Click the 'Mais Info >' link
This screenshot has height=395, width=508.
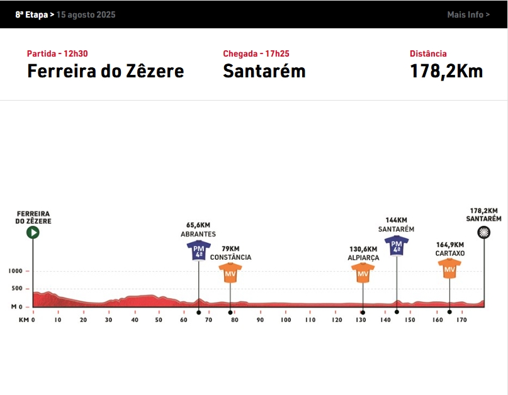pos(468,14)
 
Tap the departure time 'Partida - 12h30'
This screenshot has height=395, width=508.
pos(57,54)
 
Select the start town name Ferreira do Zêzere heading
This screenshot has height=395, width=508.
pos(105,71)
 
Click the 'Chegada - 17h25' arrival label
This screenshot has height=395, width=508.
pos(256,54)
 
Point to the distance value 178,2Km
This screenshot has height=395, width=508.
pos(446,71)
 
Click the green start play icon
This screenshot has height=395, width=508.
pos(33,233)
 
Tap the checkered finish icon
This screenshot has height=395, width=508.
pos(483,231)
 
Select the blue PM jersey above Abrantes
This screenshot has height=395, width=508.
pos(199,250)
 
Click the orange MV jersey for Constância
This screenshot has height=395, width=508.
pos(230,274)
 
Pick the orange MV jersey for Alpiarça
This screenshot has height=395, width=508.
pos(363,274)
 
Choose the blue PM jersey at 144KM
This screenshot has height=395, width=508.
pos(397,245)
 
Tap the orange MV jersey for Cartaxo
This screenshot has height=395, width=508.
pos(449,269)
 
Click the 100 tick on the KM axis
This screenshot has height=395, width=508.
pos(286,320)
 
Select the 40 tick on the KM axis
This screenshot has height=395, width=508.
pos(134,320)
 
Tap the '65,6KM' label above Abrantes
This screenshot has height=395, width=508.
pos(198,225)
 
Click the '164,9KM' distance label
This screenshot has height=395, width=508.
pos(449,245)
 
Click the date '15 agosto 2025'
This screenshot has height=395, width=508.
pos(86,14)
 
